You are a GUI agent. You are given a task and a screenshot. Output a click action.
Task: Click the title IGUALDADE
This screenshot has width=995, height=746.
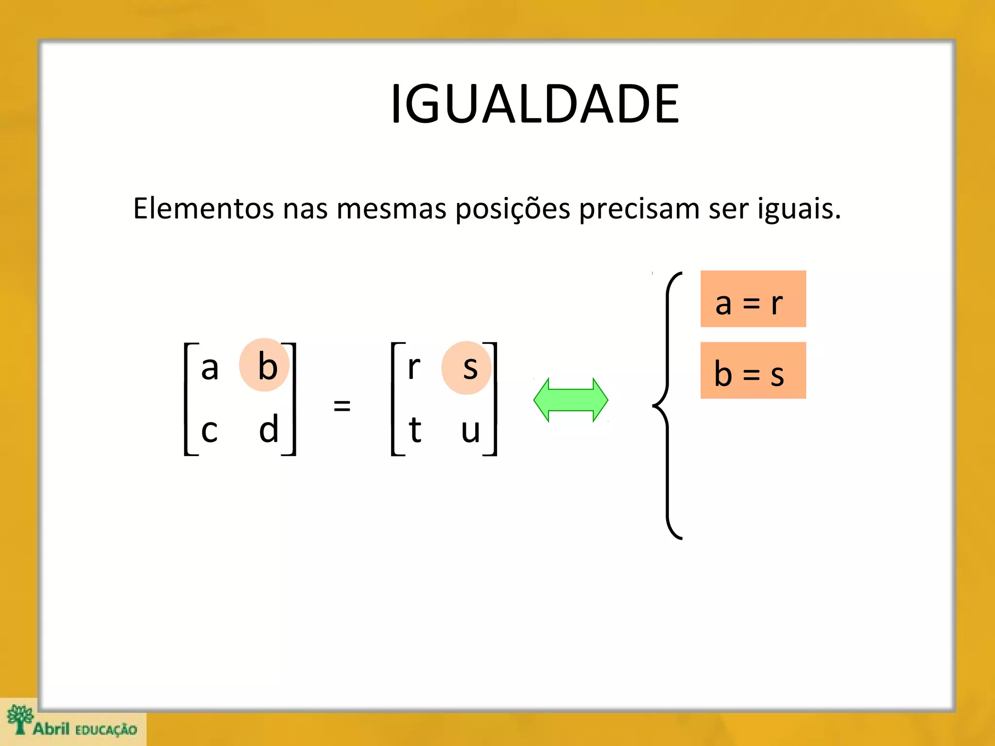click(x=534, y=104)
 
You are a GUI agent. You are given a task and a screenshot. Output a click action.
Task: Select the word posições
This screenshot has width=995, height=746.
click(x=513, y=209)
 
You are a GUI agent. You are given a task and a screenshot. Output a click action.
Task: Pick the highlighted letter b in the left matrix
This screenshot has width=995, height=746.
click(x=266, y=366)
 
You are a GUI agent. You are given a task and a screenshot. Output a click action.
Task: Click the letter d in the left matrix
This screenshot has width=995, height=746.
click(x=269, y=429)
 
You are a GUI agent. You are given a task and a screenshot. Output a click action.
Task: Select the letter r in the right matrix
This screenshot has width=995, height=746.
click(x=413, y=368)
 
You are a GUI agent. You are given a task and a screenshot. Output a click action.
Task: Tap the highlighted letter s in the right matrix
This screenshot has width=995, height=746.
click(x=469, y=368)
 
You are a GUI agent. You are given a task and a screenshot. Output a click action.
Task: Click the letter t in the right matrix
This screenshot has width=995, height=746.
click(x=414, y=430)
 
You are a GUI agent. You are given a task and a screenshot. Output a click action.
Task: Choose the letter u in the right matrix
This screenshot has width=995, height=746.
click(x=470, y=431)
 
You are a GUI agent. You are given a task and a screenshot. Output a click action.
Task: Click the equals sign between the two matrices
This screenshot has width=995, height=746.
click(x=342, y=405)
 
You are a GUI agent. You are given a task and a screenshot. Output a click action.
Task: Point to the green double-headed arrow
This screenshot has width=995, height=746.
click(x=570, y=400)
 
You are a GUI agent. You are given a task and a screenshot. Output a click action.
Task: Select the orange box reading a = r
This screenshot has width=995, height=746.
click(x=753, y=299)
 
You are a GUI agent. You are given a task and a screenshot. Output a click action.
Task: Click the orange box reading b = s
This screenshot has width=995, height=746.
click(x=753, y=371)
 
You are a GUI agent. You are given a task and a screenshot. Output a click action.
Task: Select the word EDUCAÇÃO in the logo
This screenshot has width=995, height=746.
click(x=106, y=730)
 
